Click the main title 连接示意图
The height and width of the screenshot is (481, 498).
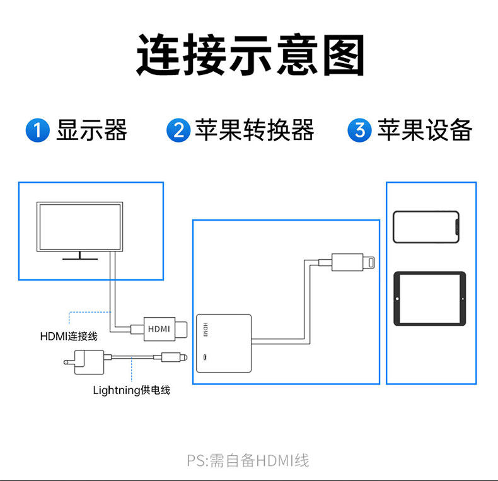click(x=250, y=55)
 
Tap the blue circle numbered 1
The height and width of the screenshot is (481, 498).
click(x=37, y=131)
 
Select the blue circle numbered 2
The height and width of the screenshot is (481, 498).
click(x=178, y=131)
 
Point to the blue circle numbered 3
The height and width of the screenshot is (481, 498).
click(x=360, y=131)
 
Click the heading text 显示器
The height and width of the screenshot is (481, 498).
click(x=92, y=130)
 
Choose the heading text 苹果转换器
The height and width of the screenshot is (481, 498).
click(x=254, y=130)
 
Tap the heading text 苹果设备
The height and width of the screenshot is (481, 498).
click(x=425, y=130)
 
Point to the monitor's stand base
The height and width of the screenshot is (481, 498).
click(x=79, y=257)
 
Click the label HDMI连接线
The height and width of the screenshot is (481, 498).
click(x=69, y=337)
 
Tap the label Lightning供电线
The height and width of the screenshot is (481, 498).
click(x=131, y=390)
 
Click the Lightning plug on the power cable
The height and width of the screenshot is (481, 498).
click(x=174, y=358)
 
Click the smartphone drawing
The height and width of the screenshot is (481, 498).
click(x=426, y=226)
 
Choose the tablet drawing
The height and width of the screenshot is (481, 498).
click(x=429, y=298)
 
